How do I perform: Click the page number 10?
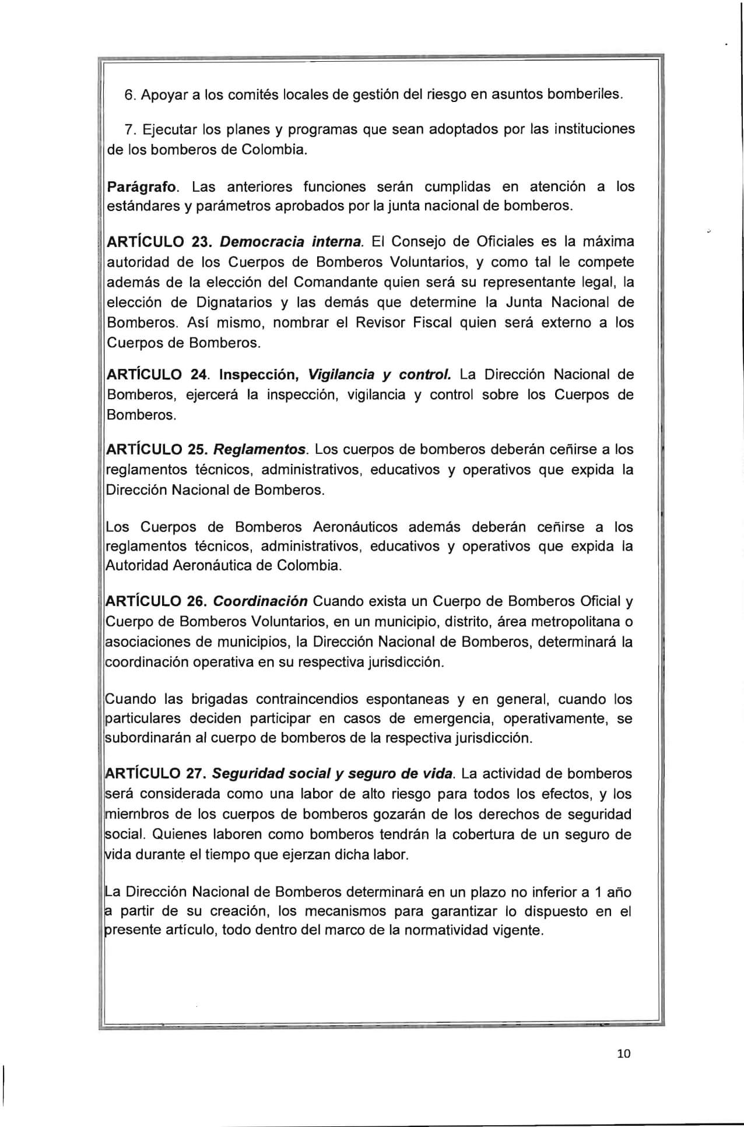point(623,1054)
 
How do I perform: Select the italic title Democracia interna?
point(292,241)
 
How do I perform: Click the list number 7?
point(129,129)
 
